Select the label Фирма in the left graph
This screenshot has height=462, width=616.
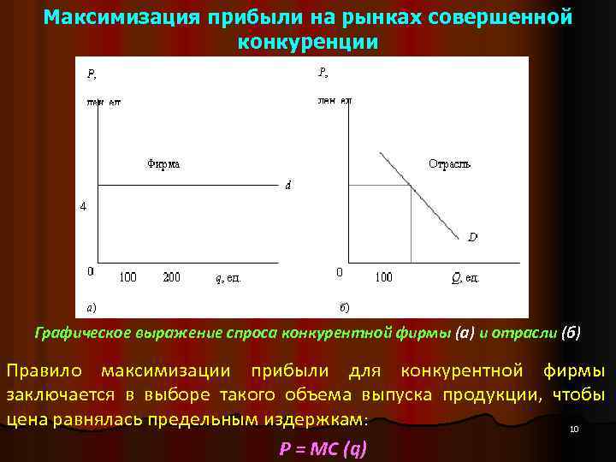[163, 163]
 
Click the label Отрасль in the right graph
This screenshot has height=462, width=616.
[449, 163]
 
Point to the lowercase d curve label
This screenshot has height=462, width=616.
[288, 187]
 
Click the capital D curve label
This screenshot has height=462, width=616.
[472, 237]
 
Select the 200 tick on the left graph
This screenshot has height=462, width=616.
[172, 276]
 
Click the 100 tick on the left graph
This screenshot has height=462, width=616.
[127, 276]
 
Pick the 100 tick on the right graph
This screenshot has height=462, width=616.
[383, 276]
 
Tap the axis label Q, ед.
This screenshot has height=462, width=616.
[465, 277]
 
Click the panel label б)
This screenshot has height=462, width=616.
[344, 305]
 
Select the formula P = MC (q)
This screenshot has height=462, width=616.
[323, 449]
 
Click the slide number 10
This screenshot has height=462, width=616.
[575, 429]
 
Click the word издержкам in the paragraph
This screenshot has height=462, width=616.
[321, 419]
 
